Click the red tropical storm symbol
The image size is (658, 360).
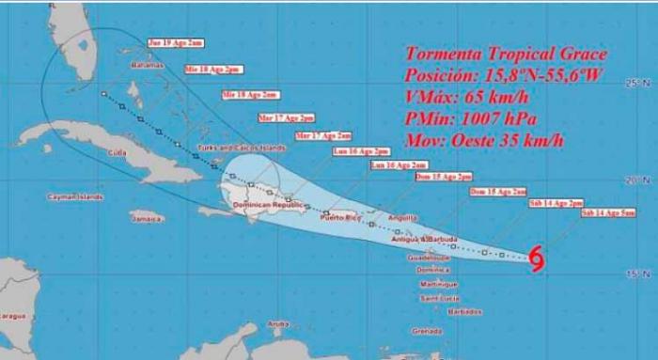[x=537, y=258]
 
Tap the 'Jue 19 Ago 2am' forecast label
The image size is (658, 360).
[x=174, y=43]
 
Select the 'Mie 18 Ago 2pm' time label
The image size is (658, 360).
[x=212, y=69]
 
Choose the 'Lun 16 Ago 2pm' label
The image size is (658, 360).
[x=361, y=150]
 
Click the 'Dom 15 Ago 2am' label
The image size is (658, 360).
[x=497, y=191]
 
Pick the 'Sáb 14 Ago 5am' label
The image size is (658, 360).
[x=607, y=214]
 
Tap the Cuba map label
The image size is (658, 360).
[x=118, y=152]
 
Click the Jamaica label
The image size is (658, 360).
[x=146, y=219]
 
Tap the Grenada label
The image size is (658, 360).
[x=426, y=331]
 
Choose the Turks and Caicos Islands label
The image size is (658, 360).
[x=240, y=148]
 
